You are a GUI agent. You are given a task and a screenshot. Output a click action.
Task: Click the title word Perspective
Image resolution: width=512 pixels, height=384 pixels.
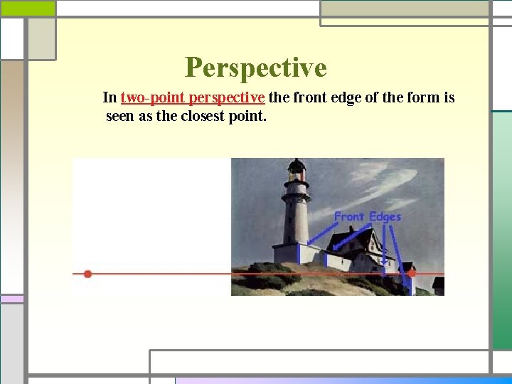click(255, 68)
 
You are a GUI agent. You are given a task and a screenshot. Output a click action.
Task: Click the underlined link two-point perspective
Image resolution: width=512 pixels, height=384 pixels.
click(193, 97)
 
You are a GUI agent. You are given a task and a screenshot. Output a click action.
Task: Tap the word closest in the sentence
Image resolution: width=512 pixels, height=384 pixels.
click(204, 116)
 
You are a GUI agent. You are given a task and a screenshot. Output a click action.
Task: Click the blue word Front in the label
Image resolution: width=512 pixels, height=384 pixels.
click(349, 216)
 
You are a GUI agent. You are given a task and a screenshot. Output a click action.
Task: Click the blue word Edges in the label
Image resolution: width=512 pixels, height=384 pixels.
click(385, 216)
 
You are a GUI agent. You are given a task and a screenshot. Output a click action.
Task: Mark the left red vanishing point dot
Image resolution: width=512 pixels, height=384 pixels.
click(87, 274)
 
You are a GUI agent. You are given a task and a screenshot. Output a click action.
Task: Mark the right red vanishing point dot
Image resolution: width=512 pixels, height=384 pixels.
click(411, 273)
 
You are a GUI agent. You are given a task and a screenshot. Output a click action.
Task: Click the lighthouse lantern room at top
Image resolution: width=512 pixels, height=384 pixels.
click(296, 170)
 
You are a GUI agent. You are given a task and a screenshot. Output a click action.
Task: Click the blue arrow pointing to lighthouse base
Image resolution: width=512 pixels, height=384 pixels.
click(320, 235)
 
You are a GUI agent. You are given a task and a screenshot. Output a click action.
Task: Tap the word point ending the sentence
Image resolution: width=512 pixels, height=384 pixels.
click(250, 116)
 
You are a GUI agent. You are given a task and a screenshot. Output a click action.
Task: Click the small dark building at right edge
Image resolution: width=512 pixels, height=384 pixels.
click(438, 286)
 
